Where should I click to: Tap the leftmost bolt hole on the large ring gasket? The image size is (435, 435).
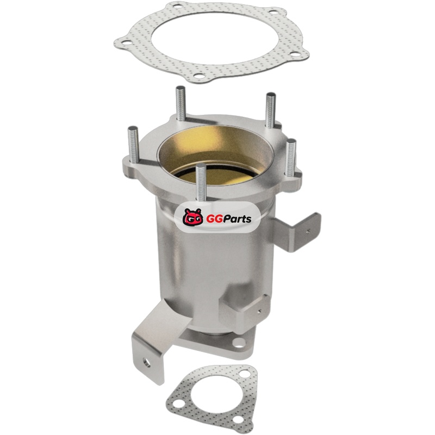(126, 42)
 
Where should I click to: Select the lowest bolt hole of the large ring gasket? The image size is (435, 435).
(198, 75)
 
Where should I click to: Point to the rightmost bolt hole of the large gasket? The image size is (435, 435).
(296, 54)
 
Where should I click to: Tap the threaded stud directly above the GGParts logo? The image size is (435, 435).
(201, 182)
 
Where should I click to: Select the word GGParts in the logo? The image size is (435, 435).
(228, 219)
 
